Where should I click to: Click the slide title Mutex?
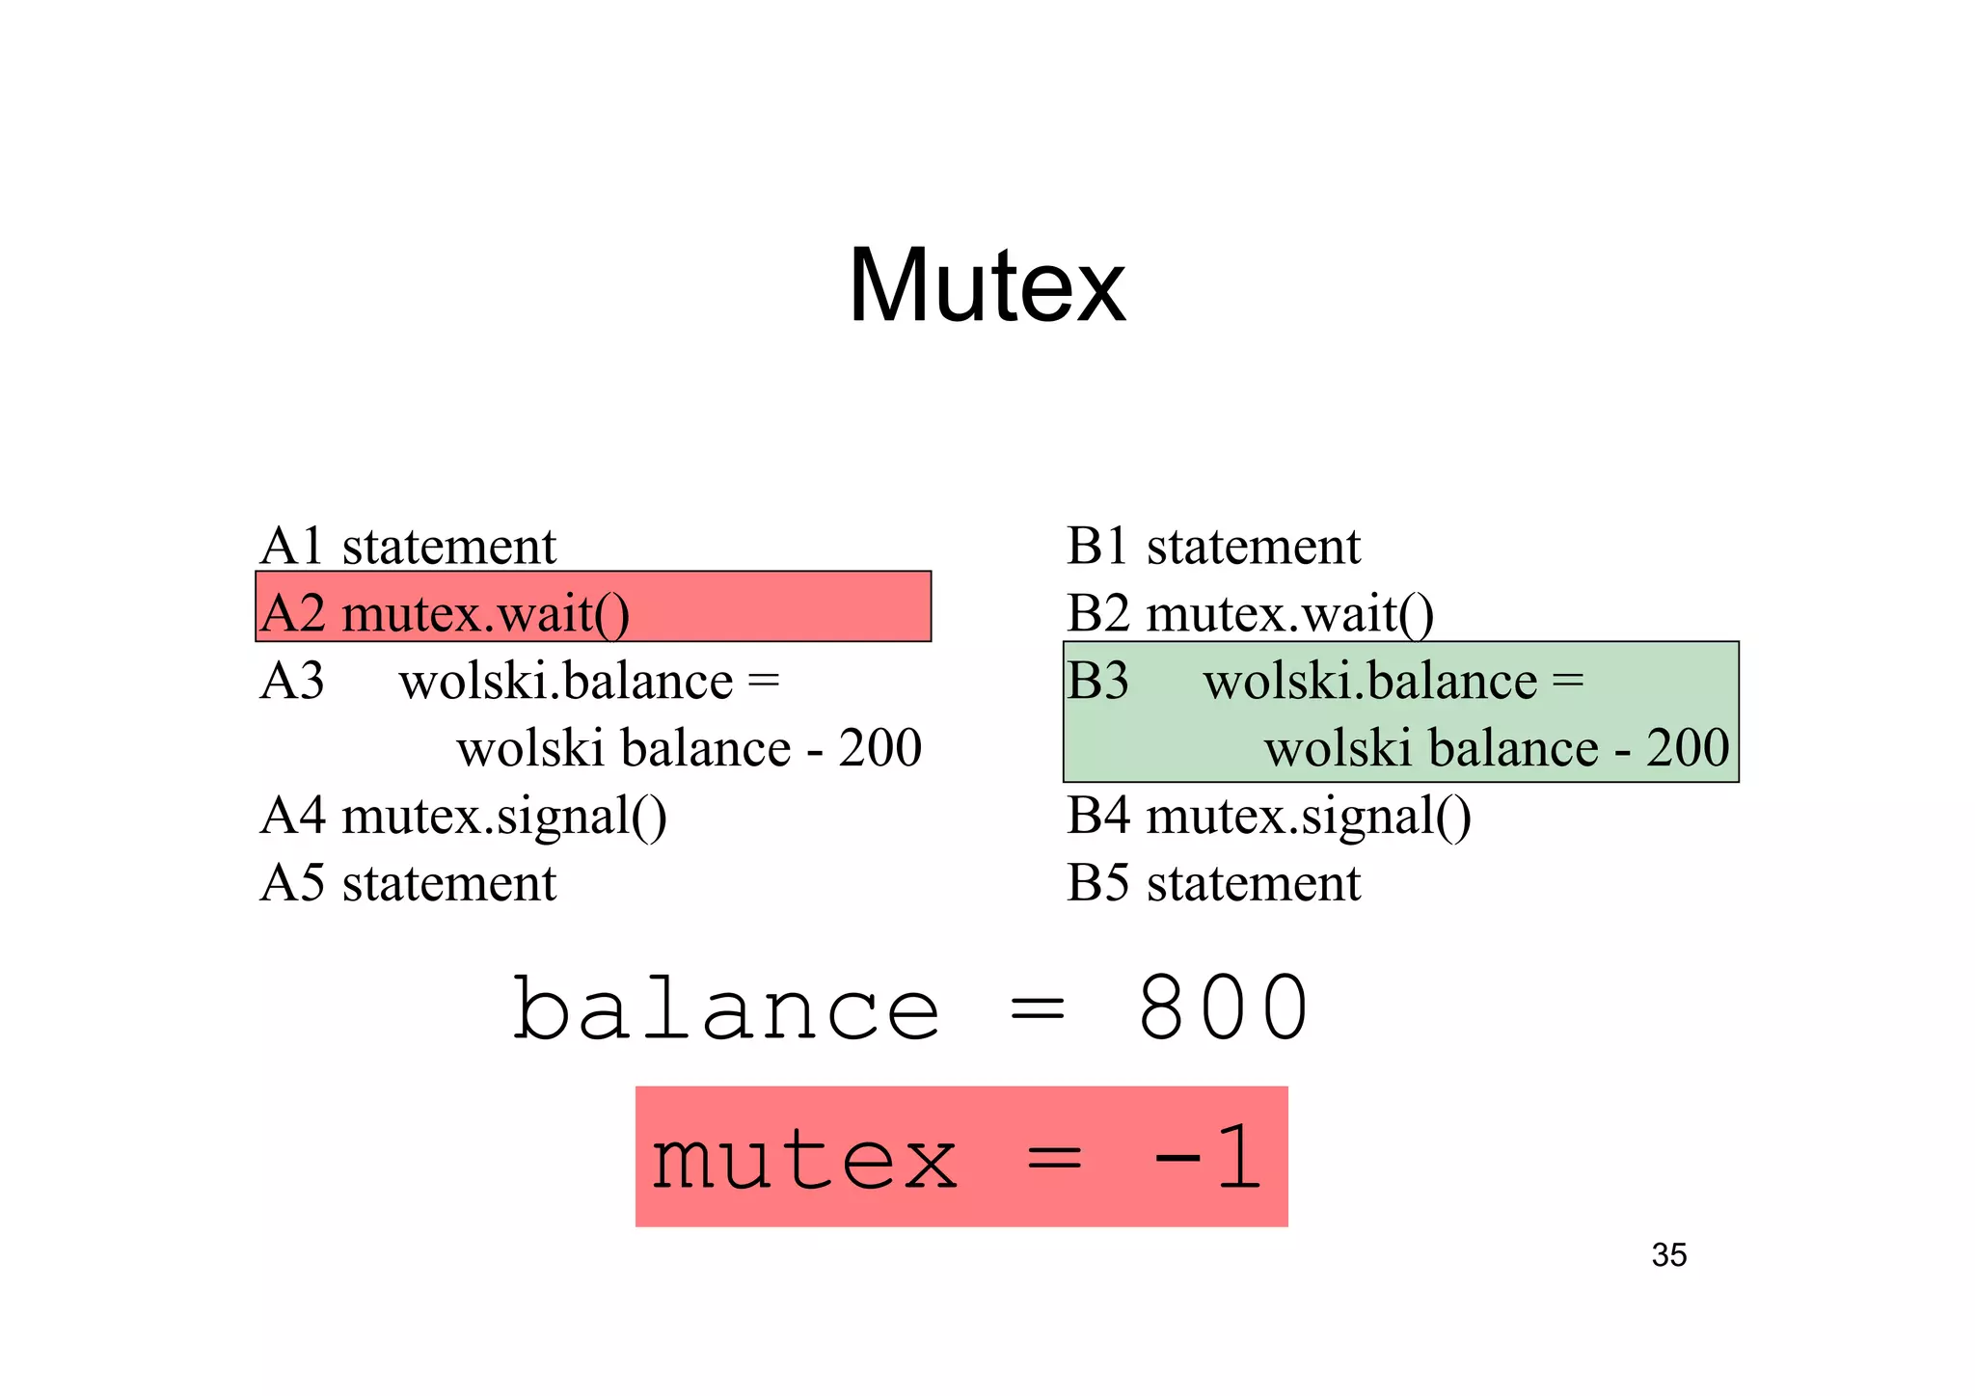click(x=987, y=286)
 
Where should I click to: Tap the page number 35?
click(x=1668, y=1255)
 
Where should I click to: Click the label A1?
click(x=291, y=547)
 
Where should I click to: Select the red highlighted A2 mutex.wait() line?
click(x=592, y=607)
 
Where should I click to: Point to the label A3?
click(x=291, y=682)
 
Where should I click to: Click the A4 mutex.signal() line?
click(x=463, y=817)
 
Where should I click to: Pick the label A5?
click(x=291, y=883)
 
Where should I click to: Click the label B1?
click(x=1097, y=547)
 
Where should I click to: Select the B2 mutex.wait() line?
click(x=1250, y=614)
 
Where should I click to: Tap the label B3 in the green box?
click(x=1097, y=682)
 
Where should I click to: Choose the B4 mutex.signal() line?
click(x=1268, y=817)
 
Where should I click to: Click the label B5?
click(x=1097, y=883)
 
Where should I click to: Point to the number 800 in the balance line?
click(x=1223, y=1008)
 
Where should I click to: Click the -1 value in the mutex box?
click(x=1207, y=1159)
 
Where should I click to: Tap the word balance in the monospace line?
click(x=725, y=1008)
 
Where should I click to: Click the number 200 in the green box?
click(x=1687, y=748)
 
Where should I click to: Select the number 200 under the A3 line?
click(x=879, y=748)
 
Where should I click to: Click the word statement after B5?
click(x=1253, y=883)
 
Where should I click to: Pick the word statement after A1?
click(x=448, y=547)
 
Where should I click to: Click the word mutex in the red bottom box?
click(x=804, y=1159)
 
